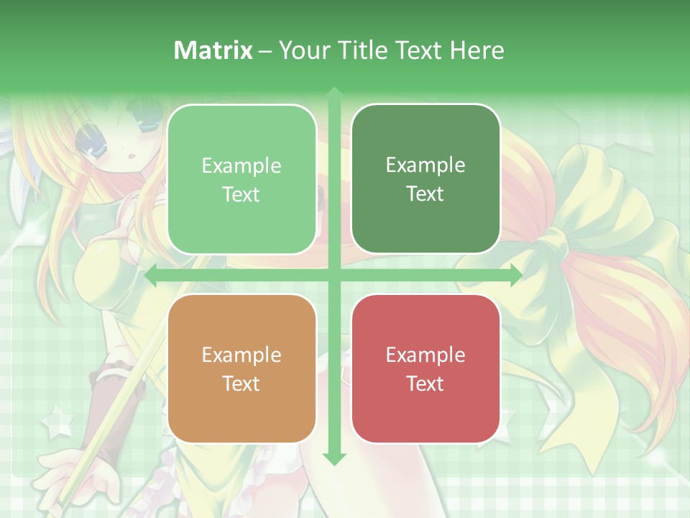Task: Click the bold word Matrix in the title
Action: [213, 50]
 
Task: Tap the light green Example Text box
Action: [241, 179]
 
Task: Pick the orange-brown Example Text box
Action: [241, 368]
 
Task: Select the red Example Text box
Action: [425, 368]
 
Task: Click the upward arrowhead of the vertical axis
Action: [333, 93]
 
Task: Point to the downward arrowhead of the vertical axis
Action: [333, 458]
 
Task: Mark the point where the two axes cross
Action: [333, 276]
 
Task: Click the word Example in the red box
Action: [425, 355]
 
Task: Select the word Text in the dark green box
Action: [425, 194]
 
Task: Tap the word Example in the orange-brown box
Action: [241, 355]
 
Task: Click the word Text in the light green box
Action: [241, 194]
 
